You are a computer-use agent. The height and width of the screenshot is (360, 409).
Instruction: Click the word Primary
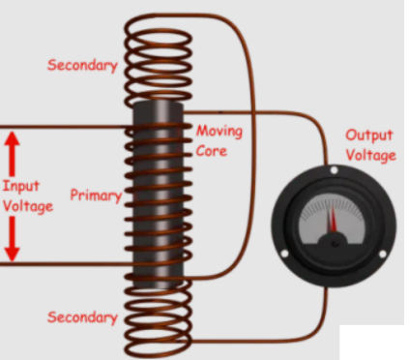point(96,195)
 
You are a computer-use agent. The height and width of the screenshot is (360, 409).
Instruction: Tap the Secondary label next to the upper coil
point(82,66)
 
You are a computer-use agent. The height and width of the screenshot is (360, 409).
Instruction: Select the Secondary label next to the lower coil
point(82,317)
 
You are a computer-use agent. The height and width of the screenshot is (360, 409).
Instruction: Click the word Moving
point(219,131)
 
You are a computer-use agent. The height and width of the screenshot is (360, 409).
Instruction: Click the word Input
point(20,187)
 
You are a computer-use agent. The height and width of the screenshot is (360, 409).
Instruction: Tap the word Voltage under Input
point(27,206)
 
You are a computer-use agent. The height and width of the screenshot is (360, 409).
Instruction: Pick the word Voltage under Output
point(370,155)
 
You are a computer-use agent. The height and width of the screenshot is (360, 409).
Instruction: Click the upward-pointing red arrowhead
point(12,140)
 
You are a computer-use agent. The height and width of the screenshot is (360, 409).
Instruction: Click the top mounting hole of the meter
point(333,171)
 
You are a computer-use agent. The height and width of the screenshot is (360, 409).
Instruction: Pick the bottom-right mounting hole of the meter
point(381,254)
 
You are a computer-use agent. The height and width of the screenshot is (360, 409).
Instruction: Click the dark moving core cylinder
point(158,194)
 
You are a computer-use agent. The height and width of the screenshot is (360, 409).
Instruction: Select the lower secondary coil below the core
point(158,319)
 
